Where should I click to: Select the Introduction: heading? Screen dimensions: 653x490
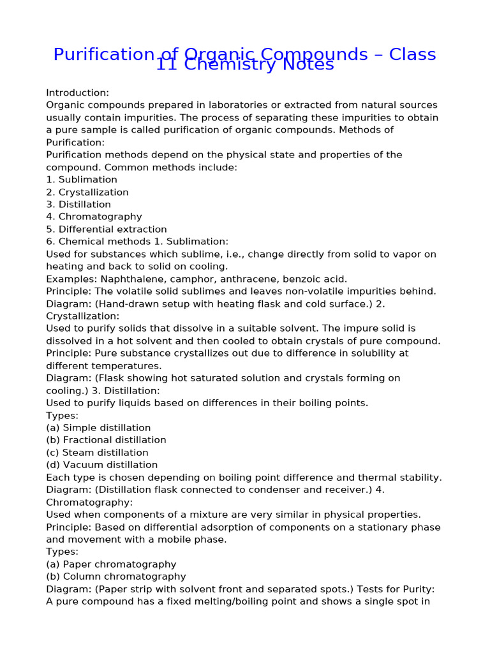pyautogui.click(x=77, y=92)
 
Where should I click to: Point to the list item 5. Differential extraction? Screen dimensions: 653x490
pyautogui.click(x=107, y=229)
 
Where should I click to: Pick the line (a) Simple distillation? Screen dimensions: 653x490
pyautogui.click(x=98, y=428)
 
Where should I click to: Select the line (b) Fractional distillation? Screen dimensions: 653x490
pyautogui.click(x=106, y=440)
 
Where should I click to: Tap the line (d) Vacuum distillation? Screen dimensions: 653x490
pyautogui.click(x=101, y=465)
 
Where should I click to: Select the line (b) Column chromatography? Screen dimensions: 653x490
pyautogui.click(x=116, y=577)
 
